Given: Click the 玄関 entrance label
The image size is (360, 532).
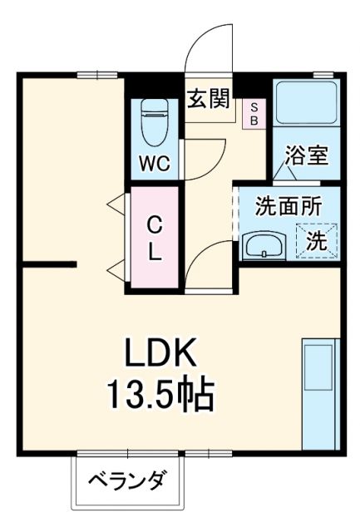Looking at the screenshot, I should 209,100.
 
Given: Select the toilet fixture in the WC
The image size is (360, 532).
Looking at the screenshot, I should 155,122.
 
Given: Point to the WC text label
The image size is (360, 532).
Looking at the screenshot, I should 155,164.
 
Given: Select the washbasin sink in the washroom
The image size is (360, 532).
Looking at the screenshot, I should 264,245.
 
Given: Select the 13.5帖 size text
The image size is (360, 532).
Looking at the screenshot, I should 160,396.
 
